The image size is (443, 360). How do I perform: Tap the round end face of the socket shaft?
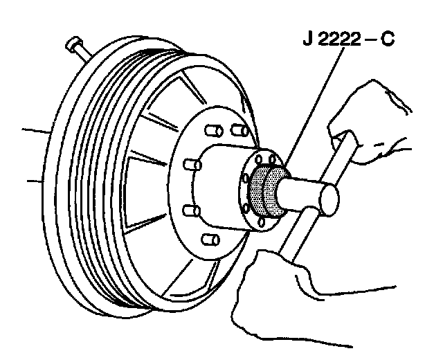[328, 198]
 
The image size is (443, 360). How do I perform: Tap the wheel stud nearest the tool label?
[238, 129]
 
